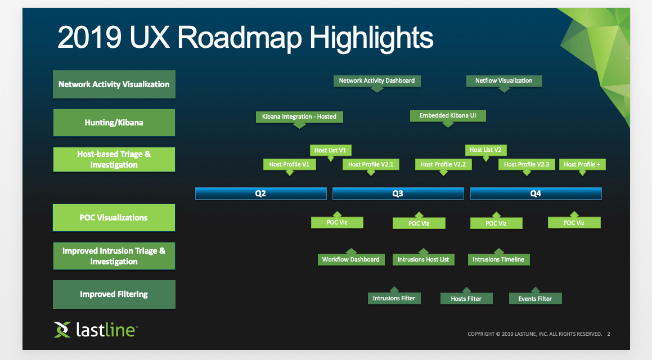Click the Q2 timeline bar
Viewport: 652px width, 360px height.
tap(260, 193)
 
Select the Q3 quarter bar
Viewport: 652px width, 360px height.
tap(398, 193)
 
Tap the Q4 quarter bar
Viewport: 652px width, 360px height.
tap(536, 193)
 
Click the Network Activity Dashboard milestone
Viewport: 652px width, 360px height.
tap(377, 81)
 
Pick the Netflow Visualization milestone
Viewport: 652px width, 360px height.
tap(503, 81)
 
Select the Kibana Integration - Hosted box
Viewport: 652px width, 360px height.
tap(299, 117)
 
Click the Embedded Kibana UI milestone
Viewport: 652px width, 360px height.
tap(448, 116)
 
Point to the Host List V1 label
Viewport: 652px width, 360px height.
tap(330, 150)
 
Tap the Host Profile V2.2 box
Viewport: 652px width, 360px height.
tap(443, 164)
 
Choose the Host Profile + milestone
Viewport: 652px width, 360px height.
tap(582, 164)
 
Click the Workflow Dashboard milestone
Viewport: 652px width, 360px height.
tap(350, 259)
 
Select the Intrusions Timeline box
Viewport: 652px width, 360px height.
tap(498, 259)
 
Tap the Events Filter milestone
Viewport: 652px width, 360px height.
tap(535, 299)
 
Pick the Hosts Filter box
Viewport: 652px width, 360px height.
tap(466, 299)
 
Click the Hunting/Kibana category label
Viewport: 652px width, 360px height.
tap(114, 123)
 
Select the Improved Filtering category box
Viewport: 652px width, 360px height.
tap(114, 294)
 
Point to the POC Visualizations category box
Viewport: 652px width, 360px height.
tap(114, 218)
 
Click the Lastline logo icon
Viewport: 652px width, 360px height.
tap(62, 330)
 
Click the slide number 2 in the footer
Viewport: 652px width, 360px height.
tap(608, 334)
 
